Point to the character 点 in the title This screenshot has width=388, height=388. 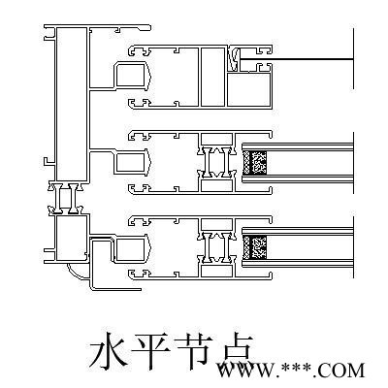pyautogui.click(x=236, y=351)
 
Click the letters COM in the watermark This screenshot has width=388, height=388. pyautogui.click(x=341, y=371)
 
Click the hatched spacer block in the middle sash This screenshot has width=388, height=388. pyautogui.click(x=255, y=162)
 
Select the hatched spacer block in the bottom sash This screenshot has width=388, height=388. pyautogui.click(x=255, y=247)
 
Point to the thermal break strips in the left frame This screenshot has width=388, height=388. pyautogui.click(x=67, y=199)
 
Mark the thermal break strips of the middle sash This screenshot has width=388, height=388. pyautogui.click(x=216, y=162)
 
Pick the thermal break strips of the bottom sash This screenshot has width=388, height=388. pyautogui.click(x=216, y=247)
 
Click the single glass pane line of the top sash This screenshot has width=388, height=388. pyautogui.click(x=297, y=59)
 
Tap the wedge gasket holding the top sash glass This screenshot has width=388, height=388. pyautogui.click(x=235, y=59)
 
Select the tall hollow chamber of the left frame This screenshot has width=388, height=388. pyautogui.click(x=72, y=104)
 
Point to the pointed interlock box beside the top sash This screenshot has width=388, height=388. pyautogui.click(x=133, y=76)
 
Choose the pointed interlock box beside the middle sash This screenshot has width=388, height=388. pyautogui.click(x=133, y=162)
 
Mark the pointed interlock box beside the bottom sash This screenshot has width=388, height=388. pyautogui.click(x=133, y=248)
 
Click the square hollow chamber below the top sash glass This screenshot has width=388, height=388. pyautogui.click(x=248, y=89)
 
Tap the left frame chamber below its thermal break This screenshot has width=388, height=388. pyautogui.click(x=72, y=238)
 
